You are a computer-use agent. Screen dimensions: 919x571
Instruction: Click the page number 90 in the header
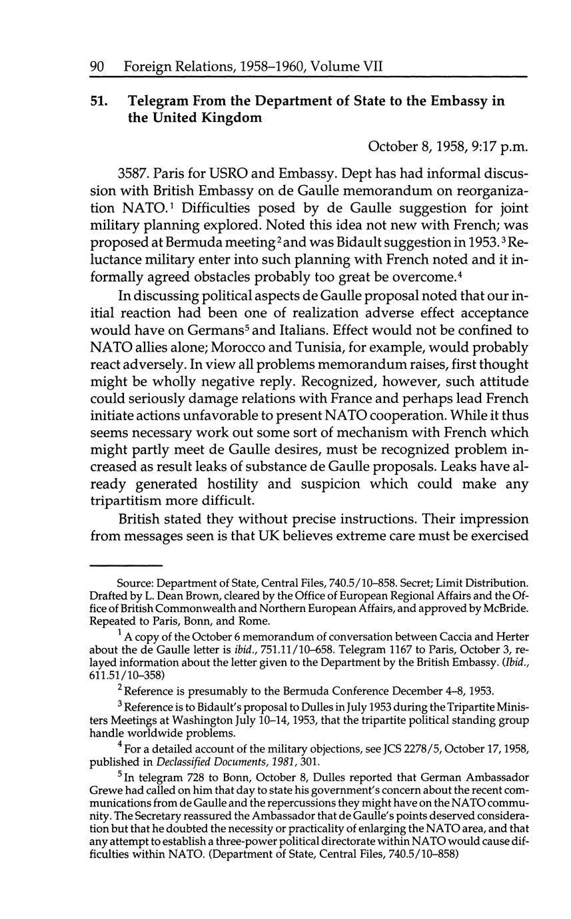coord(99,67)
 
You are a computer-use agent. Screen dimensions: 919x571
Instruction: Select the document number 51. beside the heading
coord(100,101)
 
